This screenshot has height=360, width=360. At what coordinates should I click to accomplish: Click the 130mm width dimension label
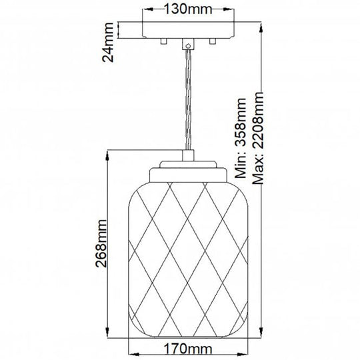tap(185, 10)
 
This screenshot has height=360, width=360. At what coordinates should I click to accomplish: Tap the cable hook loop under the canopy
tap(187, 46)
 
